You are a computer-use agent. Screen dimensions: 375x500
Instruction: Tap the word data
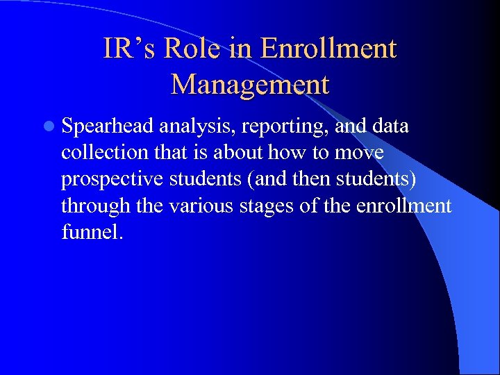point(390,126)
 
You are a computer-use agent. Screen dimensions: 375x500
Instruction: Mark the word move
point(360,153)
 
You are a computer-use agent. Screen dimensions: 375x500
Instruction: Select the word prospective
point(111,179)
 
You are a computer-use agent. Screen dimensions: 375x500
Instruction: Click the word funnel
point(90,232)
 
